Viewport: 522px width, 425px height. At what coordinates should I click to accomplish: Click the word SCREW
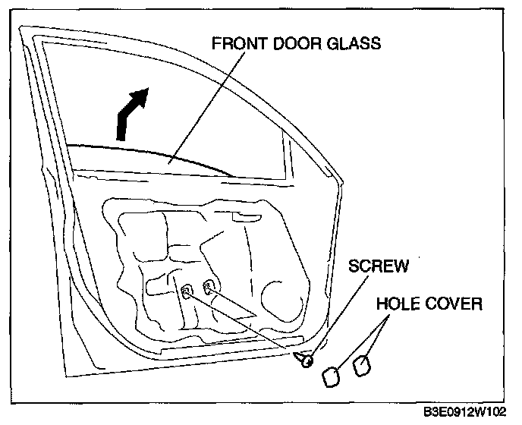pyautogui.click(x=379, y=266)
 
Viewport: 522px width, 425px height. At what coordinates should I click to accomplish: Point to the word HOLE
pyautogui.click(x=401, y=304)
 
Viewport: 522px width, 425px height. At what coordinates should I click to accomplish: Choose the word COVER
pyautogui.click(x=454, y=304)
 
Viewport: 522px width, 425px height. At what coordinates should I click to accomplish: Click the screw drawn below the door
pyautogui.click(x=306, y=359)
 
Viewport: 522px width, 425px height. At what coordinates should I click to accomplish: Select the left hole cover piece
pyautogui.click(x=332, y=376)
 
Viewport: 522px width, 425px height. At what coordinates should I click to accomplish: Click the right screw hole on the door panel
pyautogui.click(x=209, y=287)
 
